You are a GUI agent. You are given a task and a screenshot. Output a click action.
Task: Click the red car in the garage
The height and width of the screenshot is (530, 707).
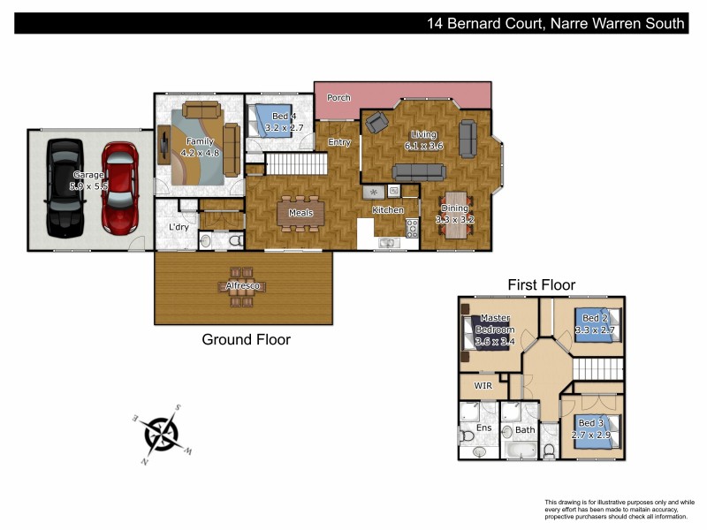pos(119,187)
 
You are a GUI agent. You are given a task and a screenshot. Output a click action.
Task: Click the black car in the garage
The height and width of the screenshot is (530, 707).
pos(65,187)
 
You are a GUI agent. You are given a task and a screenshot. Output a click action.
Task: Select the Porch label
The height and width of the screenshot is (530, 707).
pos(338,98)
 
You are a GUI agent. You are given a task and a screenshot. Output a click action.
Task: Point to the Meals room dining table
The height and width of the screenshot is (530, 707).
pos(300,213)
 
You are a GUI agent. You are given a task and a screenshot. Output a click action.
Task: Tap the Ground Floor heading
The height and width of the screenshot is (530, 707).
pos(246,339)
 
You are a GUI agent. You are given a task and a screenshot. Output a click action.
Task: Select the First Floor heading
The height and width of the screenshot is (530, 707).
pos(541,284)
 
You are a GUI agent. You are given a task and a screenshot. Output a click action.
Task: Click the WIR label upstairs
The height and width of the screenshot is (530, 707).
pos(483,386)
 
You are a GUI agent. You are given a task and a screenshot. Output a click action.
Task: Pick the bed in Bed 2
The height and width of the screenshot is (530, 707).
pos(598,327)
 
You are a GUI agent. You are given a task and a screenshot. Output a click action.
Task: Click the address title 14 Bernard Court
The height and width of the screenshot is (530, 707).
pos(555,24)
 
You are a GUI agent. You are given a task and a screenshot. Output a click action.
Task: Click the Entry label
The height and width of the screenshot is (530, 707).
pos(339,142)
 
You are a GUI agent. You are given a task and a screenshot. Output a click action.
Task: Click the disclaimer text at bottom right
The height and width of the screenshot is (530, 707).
pos(619,509)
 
